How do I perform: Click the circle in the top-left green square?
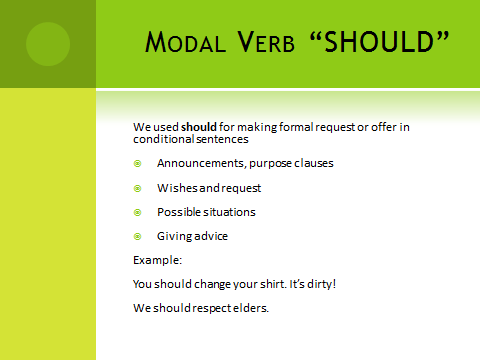pos(47,43)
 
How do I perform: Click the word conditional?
pos(163,139)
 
